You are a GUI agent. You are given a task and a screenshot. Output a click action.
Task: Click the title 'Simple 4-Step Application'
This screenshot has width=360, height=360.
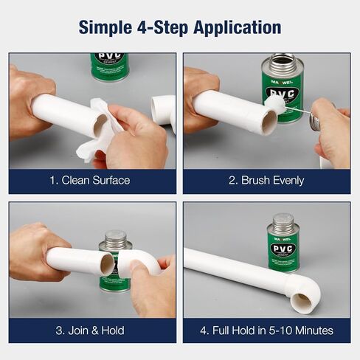(180, 28)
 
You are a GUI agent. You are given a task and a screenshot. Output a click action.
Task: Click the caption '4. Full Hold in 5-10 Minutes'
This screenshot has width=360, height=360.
(267, 330)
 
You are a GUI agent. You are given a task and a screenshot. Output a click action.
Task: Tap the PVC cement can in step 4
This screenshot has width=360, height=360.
(283, 247)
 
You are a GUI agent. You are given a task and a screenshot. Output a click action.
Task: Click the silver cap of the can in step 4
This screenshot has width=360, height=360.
(283, 222)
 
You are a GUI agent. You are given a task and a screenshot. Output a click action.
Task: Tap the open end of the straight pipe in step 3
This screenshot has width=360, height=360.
(108, 263)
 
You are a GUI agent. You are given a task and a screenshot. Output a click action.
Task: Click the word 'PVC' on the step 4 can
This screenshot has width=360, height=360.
(283, 249)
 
